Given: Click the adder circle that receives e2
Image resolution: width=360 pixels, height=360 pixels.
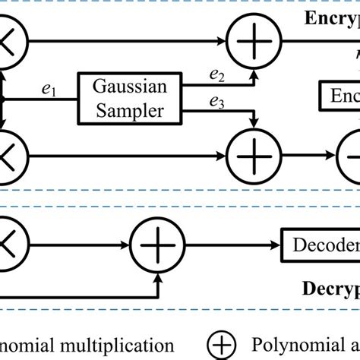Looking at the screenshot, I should (x=251, y=37).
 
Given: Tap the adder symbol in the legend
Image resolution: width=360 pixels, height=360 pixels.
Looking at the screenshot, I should (x=221, y=343).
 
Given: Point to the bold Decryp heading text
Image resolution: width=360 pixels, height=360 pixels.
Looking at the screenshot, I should (x=329, y=290).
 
